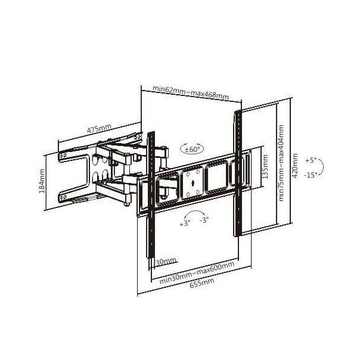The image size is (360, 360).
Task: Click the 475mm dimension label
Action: (x=99, y=129)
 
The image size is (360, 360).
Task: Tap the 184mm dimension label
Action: (x=42, y=181)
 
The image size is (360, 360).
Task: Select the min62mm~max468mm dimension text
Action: (x=191, y=92)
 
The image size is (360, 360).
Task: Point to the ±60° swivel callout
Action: (x=193, y=149)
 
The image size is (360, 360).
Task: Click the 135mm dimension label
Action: (x=265, y=167)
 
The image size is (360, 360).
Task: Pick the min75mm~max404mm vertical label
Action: (x=281, y=163)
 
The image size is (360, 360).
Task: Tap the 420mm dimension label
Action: (x=295, y=166)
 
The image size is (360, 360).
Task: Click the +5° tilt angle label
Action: (x=311, y=160)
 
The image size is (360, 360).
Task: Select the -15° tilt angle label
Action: (x=311, y=175)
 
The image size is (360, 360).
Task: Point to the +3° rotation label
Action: (x=185, y=223)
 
